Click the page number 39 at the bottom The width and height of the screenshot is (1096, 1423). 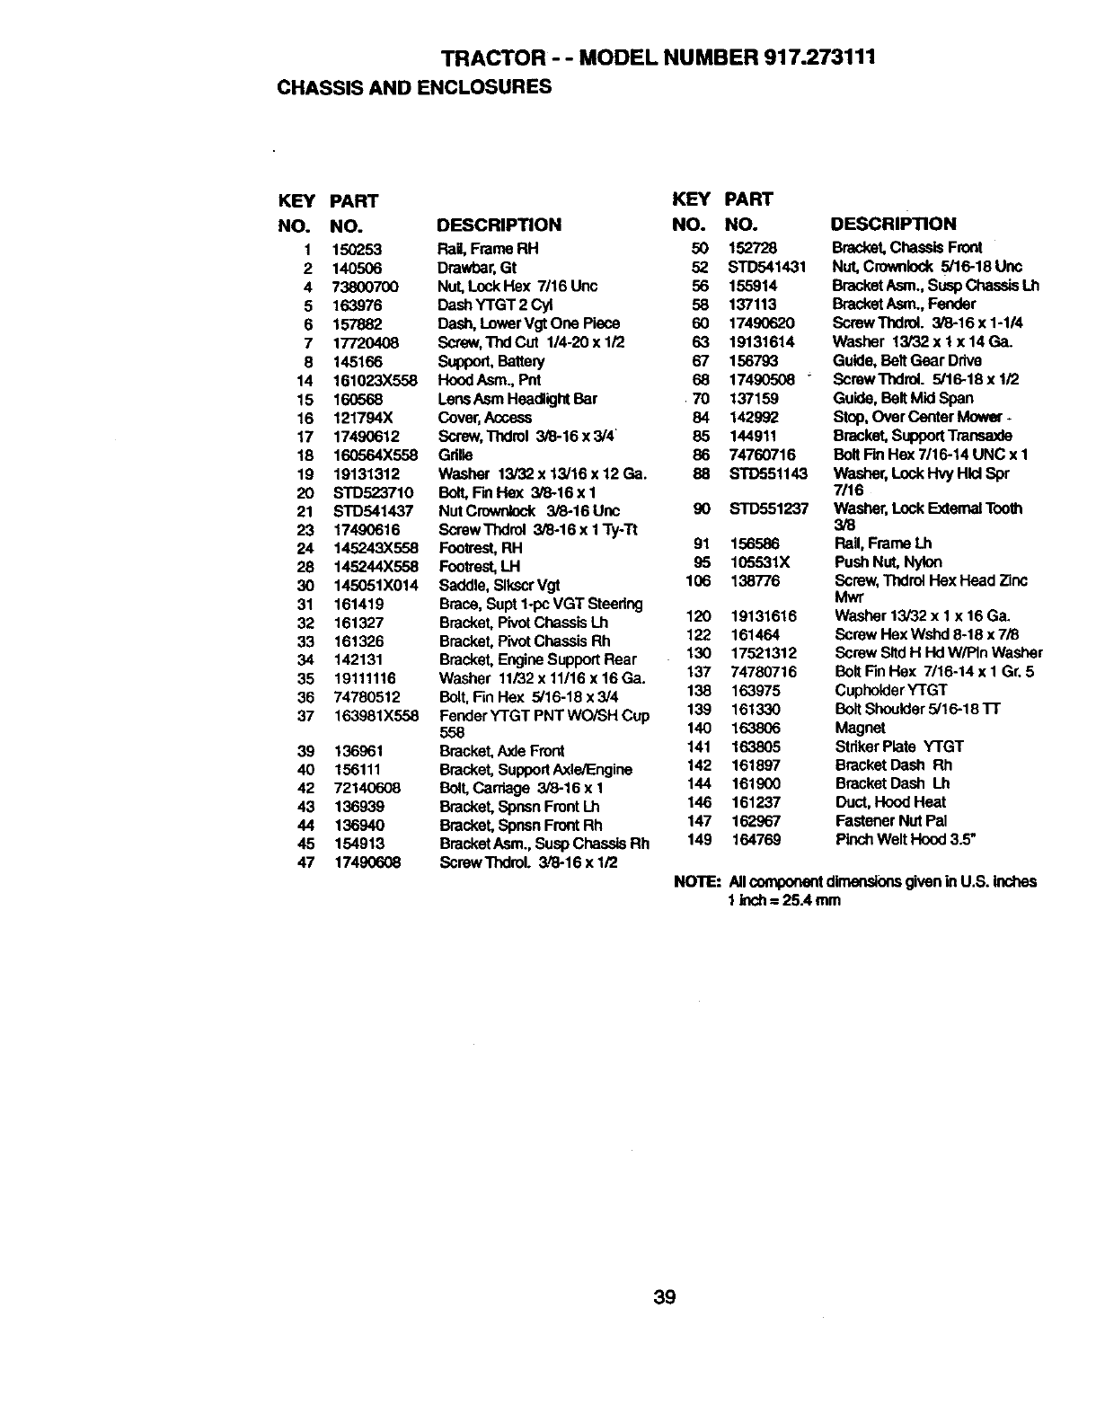[x=665, y=1297]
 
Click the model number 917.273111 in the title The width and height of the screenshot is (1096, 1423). [x=818, y=57]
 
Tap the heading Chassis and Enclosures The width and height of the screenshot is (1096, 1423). [x=414, y=87]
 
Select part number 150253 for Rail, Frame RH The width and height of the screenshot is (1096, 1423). [x=358, y=249]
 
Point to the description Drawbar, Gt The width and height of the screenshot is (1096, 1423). [x=477, y=268]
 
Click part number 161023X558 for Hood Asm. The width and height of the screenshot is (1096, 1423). [x=376, y=380]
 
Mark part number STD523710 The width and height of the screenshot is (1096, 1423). [x=373, y=492]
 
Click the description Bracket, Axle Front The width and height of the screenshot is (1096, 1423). [x=502, y=751]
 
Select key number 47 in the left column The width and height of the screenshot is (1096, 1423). [x=306, y=862]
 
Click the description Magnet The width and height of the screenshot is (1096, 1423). [x=860, y=728]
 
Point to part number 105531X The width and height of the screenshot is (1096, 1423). [x=760, y=561]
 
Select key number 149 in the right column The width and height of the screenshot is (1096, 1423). [x=699, y=839]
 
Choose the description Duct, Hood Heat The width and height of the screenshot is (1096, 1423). [x=890, y=802]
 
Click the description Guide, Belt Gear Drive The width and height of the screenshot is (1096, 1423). [x=907, y=360]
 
